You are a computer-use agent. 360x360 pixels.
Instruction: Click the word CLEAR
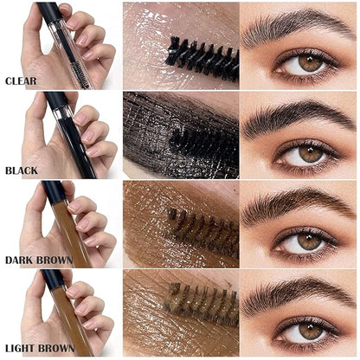tap(20, 81)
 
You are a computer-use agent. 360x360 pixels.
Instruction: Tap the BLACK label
tap(21, 171)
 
